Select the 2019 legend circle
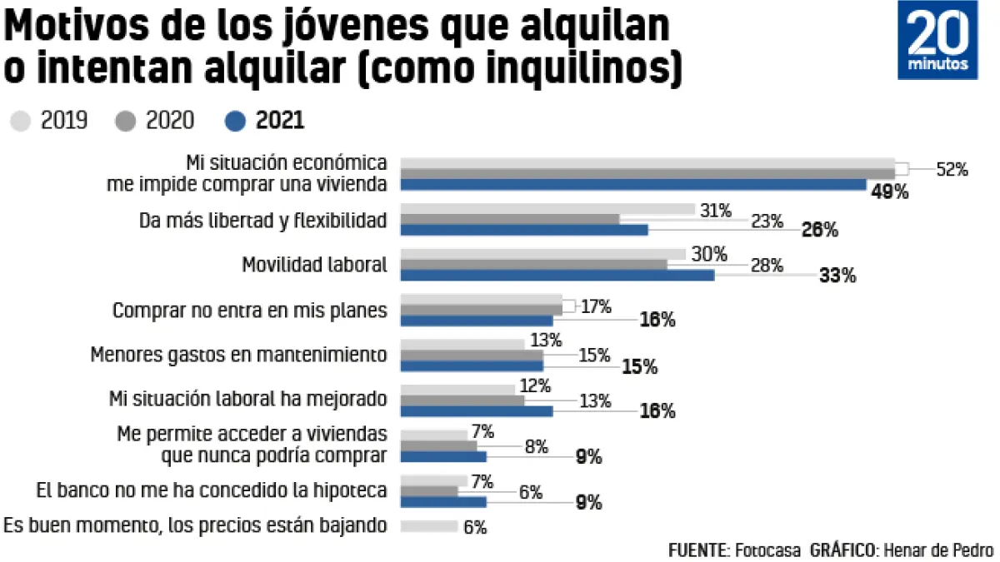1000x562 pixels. click(x=22, y=122)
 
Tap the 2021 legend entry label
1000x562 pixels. click(x=280, y=122)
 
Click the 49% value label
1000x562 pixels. click(x=889, y=192)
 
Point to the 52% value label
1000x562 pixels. click(x=952, y=169)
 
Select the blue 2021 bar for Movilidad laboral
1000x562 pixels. click(x=557, y=275)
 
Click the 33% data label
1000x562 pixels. click(x=837, y=276)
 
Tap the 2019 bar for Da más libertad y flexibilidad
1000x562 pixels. click(x=547, y=209)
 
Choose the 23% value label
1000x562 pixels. click(x=767, y=221)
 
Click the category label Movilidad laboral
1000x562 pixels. click(x=314, y=266)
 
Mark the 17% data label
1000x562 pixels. click(x=596, y=306)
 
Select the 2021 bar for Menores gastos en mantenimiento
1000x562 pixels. click(x=472, y=366)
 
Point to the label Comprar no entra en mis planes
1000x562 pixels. click(x=250, y=311)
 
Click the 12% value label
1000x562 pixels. click(x=534, y=385)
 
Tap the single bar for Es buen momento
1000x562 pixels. click(x=429, y=526)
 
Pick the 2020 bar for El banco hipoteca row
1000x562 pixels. click(x=429, y=491)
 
